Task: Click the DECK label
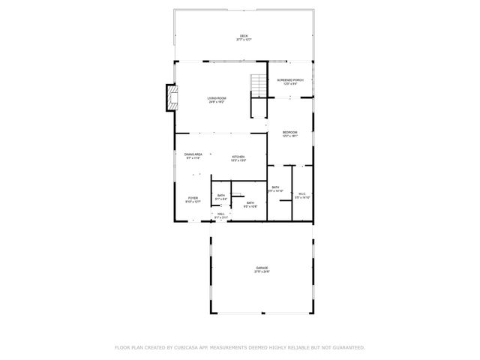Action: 244,35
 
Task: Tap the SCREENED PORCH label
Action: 289,79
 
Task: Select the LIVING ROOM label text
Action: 217,98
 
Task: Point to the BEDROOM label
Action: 289,132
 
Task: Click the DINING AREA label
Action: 193,154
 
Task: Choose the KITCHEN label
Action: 238,157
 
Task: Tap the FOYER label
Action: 193,197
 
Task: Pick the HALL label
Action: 221,214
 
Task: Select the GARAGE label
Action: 262,268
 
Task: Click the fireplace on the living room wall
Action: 172,97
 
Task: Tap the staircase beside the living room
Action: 259,87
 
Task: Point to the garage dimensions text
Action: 262,271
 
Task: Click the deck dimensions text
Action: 244,39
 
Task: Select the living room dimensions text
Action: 217,102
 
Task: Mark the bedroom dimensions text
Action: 289,136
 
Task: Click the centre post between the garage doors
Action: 262,313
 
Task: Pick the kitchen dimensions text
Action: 238,160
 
